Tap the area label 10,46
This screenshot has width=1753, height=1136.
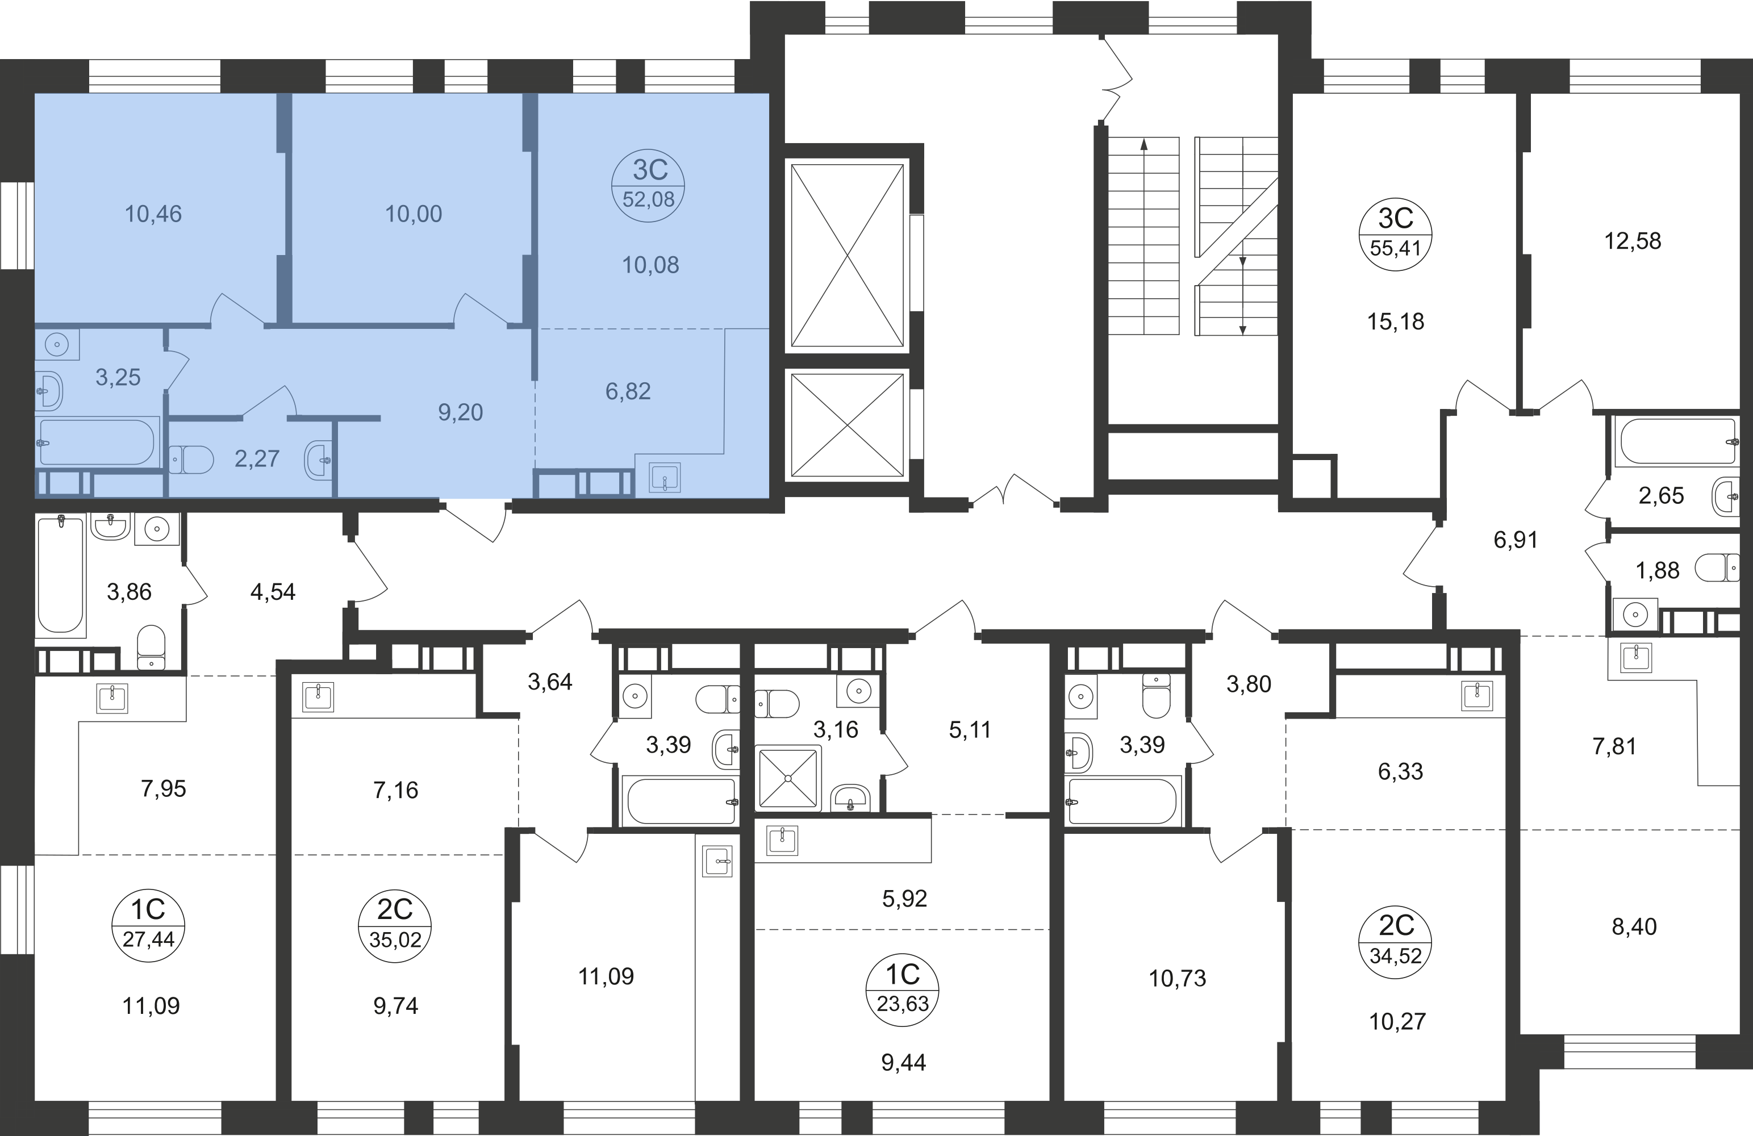(153, 214)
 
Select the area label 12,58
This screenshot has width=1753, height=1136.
(1633, 241)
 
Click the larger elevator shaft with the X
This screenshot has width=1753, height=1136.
(847, 255)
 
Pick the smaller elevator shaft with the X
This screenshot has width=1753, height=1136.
(847, 424)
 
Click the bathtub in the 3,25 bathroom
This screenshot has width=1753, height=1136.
(98, 441)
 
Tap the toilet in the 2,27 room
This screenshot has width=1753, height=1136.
(191, 460)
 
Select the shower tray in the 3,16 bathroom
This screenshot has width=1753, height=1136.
(787, 778)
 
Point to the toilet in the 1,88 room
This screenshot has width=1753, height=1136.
(1716, 568)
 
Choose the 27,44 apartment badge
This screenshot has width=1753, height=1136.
(148, 925)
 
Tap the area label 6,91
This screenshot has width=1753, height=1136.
(1516, 540)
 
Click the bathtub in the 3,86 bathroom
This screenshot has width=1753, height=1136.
(60, 575)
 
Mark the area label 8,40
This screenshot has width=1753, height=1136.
(1634, 926)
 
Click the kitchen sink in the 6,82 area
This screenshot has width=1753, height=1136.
(665, 477)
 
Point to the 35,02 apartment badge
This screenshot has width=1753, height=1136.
(395, 925)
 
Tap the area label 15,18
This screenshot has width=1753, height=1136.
(1396, 321)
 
